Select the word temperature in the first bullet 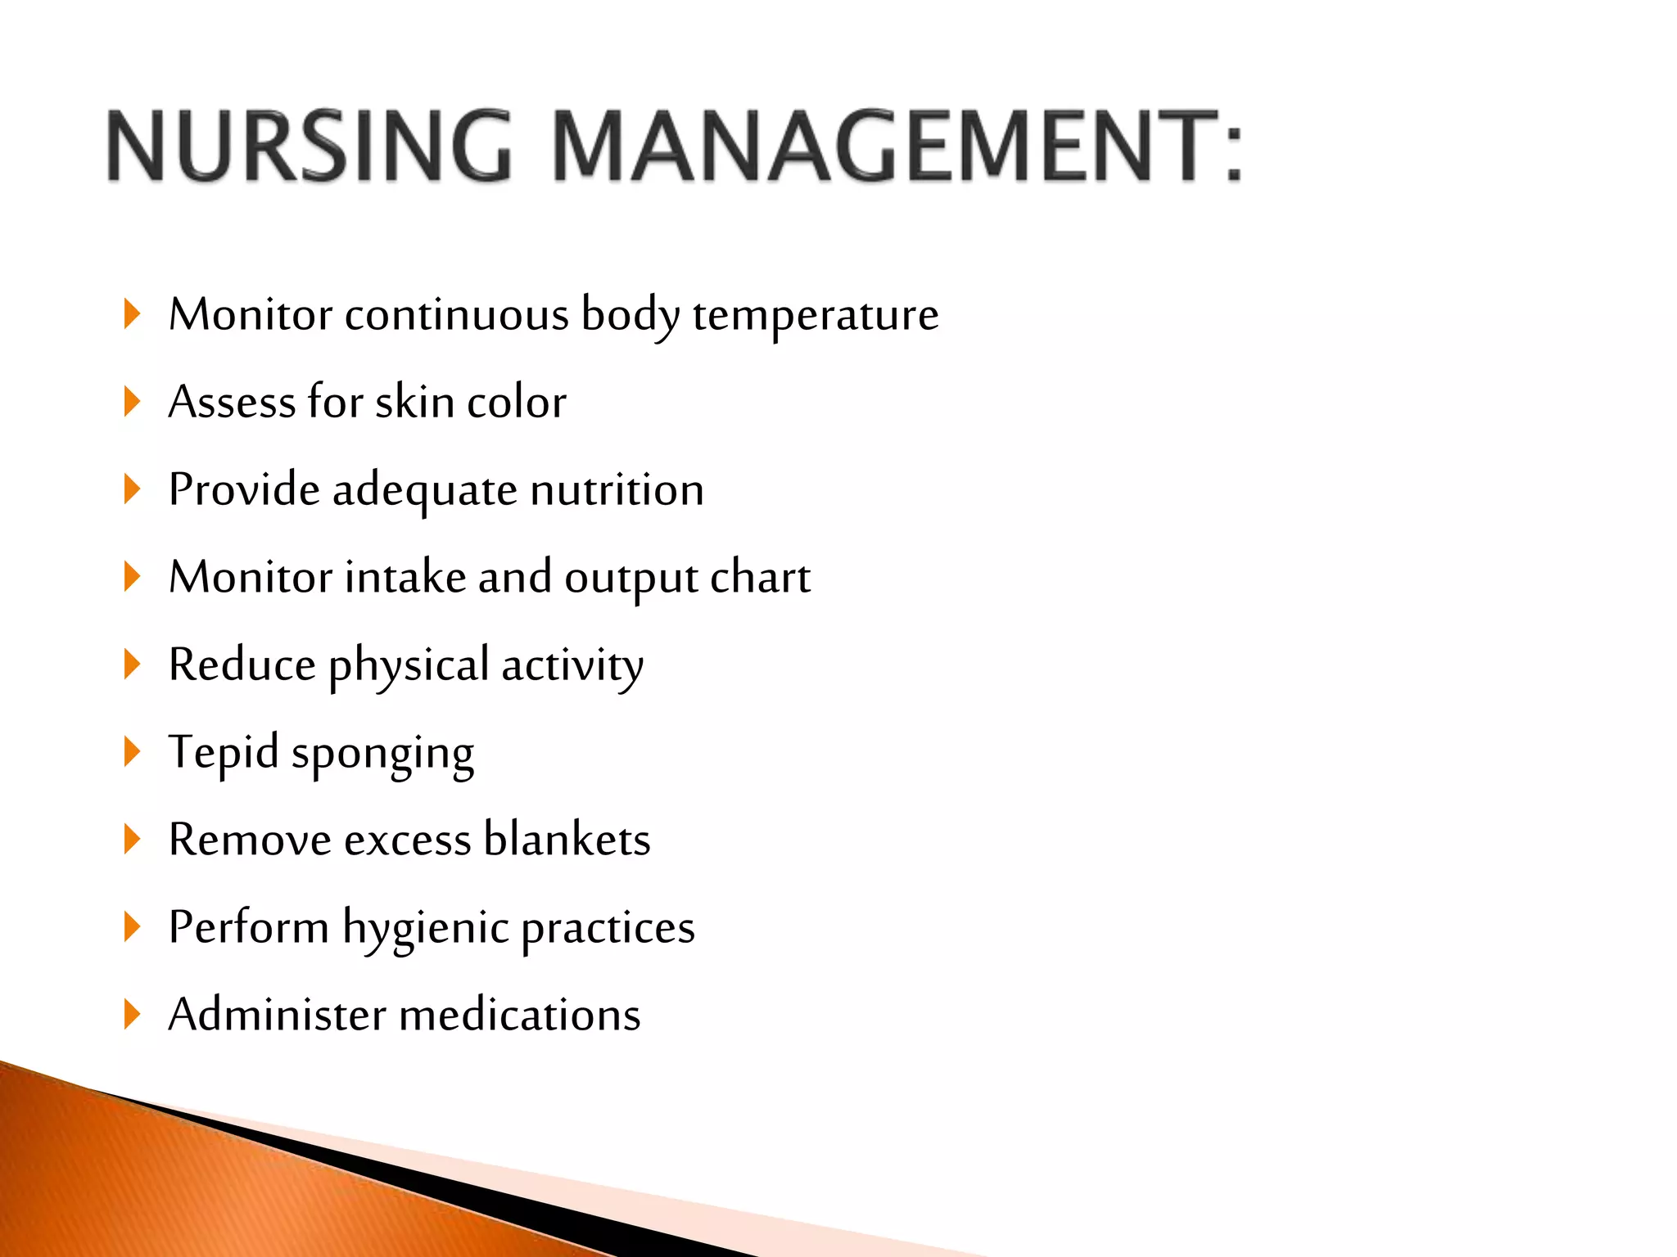coord(816,316)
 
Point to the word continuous coord(456,315)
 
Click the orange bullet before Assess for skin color coord(132,402)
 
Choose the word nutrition coord(617,490)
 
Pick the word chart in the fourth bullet coord(760,578)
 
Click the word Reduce coord(242,665)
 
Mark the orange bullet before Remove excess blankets coord(132,840)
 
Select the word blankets coord(567,840)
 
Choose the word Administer coord(277,1016)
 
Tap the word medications coord(520,1016)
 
